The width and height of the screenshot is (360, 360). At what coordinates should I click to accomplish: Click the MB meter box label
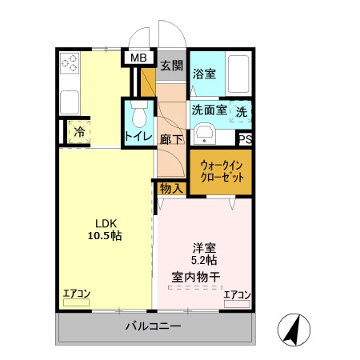(139, 58)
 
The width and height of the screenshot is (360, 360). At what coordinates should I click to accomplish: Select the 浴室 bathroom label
(205, 74)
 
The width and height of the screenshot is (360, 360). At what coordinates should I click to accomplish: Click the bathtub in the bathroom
(238, 74)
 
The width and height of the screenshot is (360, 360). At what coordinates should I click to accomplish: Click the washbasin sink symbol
(203, 133)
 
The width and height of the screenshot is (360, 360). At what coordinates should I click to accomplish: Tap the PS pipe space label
(245, 139)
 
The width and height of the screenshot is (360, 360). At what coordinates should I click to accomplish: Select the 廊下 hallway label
(172, 138)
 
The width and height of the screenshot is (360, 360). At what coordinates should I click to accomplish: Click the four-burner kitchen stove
(69, 63)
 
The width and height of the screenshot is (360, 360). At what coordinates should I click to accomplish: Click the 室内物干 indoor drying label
(195, 277)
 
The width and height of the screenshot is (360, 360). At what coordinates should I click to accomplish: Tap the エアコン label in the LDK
(78, 293)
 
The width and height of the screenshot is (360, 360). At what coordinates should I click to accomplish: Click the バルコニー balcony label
(154, 326)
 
